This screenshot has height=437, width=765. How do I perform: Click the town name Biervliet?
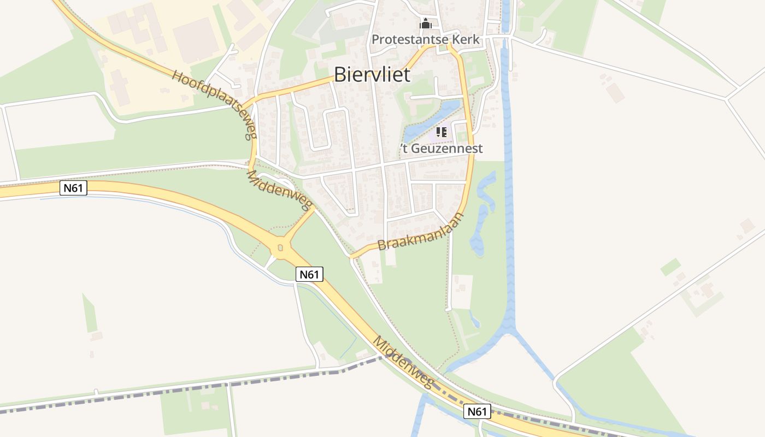pos(372,74)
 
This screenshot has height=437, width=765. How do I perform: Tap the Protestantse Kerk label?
pos(425,39)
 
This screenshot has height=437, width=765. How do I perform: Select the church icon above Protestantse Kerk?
pos(425,24)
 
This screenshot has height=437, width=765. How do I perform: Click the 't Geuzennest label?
pos(442,149)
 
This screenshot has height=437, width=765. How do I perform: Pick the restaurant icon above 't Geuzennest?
pos(441,132)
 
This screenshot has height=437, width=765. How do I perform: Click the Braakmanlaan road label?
pos(421,232)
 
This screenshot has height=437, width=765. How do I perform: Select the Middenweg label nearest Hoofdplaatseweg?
pos(279,190)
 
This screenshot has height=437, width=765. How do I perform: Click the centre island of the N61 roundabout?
pos(280,249)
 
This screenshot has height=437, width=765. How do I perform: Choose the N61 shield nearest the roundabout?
pos(310,274)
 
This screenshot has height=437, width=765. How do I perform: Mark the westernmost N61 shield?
pos(73,188)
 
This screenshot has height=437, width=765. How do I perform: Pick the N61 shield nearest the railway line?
pos(477,411)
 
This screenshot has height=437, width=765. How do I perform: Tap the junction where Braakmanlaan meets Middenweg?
pos(351,256)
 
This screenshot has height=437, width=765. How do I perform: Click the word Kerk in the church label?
pos(466,39)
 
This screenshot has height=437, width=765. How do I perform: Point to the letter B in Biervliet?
pos(340,74)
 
